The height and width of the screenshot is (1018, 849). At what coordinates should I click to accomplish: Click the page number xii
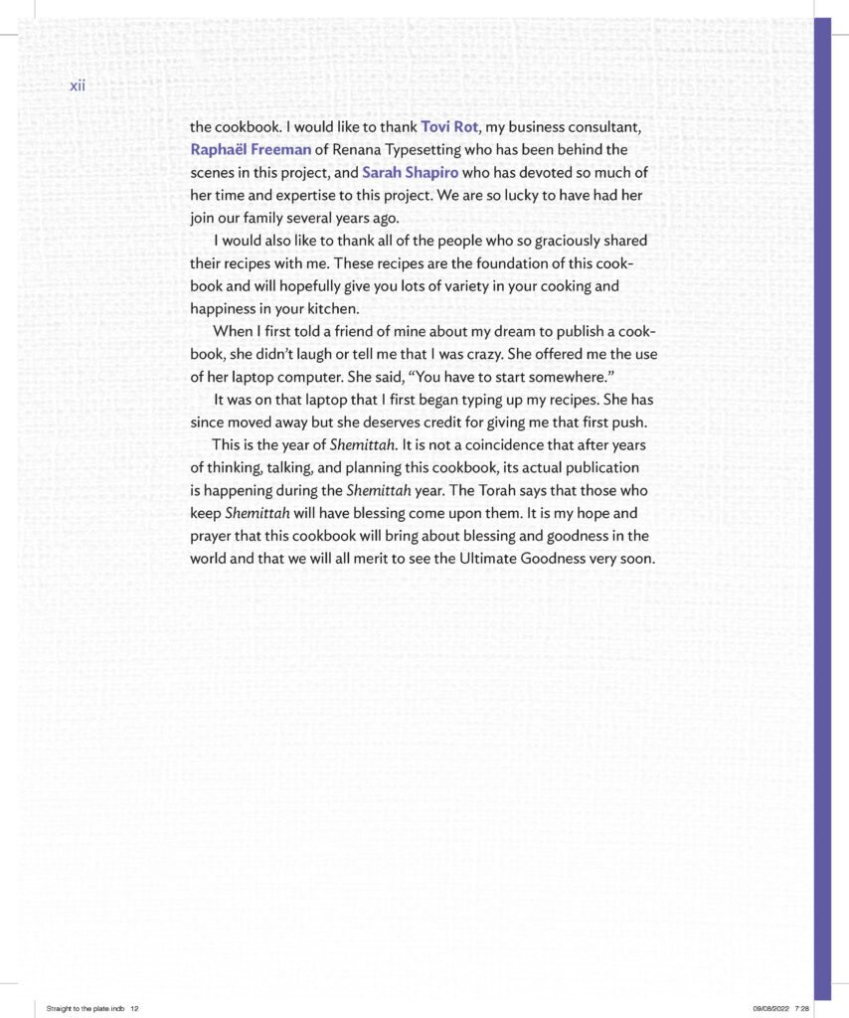[78, 85]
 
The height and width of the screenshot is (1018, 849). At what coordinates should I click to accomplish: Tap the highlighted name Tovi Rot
[450, 127]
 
